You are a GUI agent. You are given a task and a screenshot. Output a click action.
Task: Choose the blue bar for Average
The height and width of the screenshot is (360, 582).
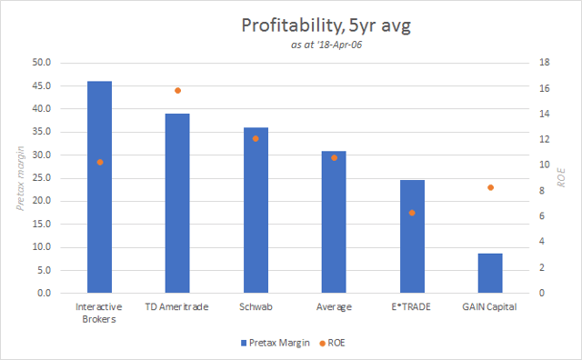click(334, 222)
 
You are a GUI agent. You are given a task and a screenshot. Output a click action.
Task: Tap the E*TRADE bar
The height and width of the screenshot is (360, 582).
click(412, 236)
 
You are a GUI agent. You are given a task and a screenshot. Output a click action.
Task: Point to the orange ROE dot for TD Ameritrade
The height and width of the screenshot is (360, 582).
click(177, 91)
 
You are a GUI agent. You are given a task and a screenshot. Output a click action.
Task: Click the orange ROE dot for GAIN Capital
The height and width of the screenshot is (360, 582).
click(489, 187)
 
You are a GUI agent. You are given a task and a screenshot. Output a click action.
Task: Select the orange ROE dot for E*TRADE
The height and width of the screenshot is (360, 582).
click(412, 213)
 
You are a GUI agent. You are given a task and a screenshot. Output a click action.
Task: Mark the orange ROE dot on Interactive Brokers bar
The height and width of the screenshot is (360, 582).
click(100, 162)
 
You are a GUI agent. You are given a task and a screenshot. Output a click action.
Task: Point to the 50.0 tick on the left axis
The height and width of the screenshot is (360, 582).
click(42, 63)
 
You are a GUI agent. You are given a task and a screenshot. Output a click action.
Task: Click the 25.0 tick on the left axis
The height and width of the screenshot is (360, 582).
click(42, 178)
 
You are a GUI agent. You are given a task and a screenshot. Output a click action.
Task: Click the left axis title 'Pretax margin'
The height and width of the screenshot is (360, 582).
click(19, 177)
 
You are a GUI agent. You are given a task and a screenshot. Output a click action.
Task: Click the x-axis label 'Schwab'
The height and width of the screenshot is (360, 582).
click(256, 307)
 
